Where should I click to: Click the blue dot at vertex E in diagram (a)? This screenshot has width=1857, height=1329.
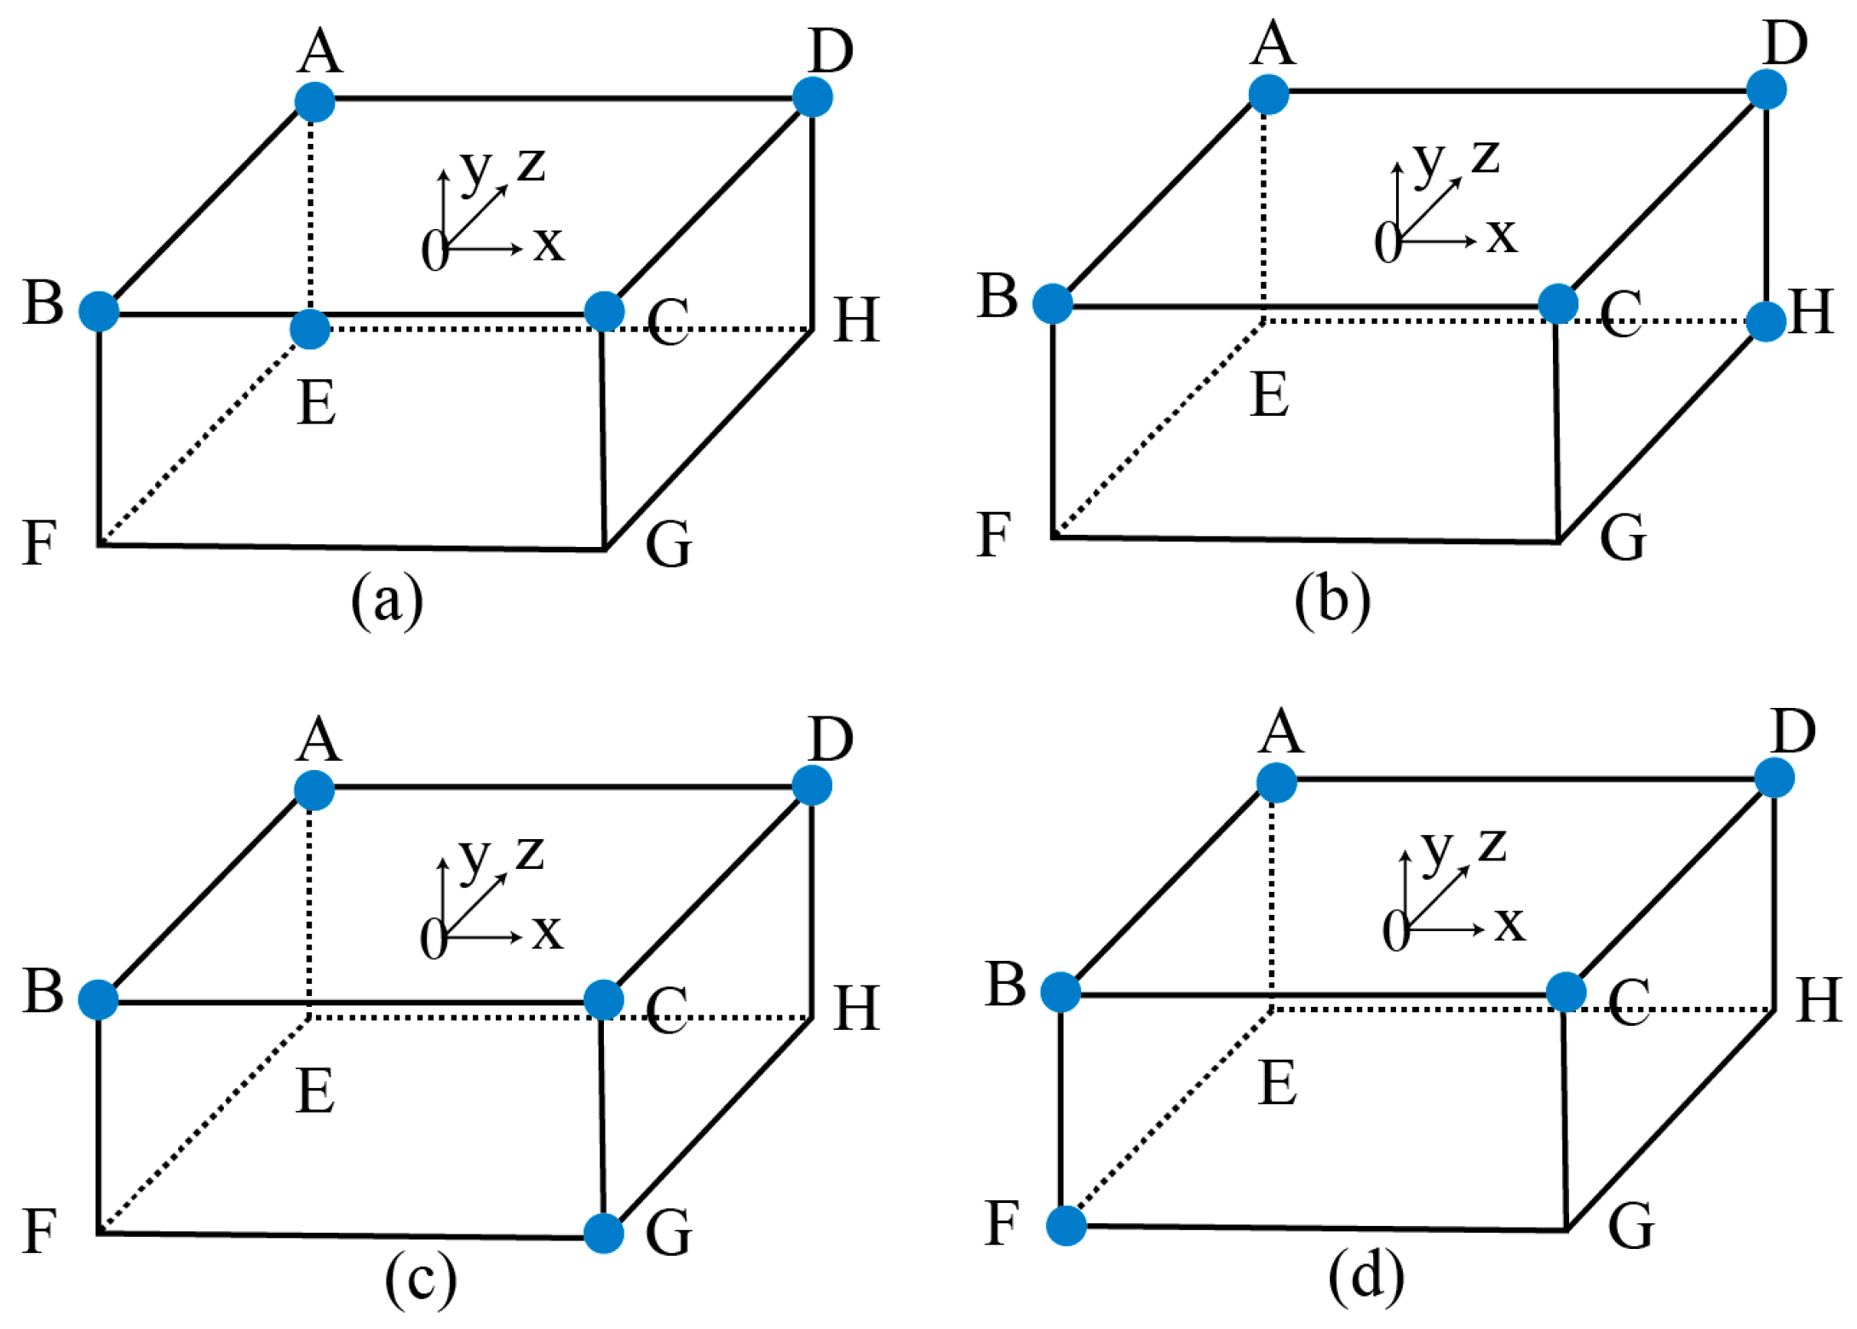point(310,329)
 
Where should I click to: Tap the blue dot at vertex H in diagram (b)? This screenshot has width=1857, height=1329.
point(1766,321)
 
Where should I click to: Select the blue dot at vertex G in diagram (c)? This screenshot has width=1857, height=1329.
point(604,1233)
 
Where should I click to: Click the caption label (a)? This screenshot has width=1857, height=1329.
point(387,601)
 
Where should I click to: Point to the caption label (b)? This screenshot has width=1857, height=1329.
point(1332,599)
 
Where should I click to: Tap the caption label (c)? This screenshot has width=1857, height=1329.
point(420,1280)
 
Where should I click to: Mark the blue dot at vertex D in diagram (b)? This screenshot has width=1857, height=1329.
point(1767,89)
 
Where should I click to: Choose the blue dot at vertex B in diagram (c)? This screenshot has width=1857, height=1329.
point(99,999)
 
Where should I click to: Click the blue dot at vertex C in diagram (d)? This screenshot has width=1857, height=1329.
point(1566,992)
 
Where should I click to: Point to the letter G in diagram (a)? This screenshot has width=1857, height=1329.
point(669,545)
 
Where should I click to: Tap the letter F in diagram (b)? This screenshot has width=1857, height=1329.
point(993,535)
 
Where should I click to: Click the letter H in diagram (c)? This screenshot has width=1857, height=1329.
point(856,1009)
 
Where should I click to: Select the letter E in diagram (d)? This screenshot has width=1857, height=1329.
point(1278,1084)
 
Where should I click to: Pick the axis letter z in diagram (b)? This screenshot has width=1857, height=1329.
point(1486,157)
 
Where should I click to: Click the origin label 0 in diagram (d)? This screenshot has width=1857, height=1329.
point(1395,931)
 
